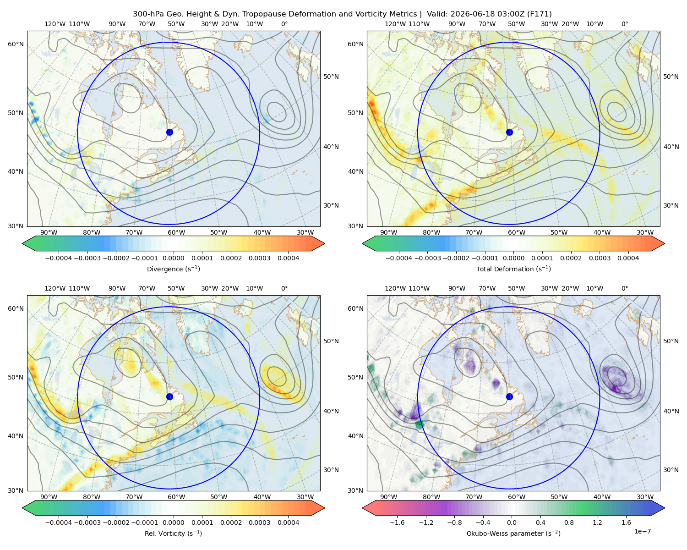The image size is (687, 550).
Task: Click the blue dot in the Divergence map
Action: point(169,132)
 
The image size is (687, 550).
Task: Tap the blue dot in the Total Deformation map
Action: point(509,132)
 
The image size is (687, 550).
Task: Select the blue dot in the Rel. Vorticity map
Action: point(169,396)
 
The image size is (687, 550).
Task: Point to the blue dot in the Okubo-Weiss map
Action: point(509,396)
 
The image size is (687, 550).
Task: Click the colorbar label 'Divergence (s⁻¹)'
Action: point(173,269)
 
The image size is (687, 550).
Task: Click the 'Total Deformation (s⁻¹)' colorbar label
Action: point(513,269)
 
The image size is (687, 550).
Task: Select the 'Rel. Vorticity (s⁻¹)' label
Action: point(173,533)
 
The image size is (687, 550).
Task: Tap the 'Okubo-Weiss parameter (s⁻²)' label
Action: point(513,533)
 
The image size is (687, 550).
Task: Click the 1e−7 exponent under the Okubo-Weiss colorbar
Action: point(642,531)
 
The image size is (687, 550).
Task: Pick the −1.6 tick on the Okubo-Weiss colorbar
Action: point(397,522)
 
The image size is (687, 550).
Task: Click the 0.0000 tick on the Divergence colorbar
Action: point(173,258)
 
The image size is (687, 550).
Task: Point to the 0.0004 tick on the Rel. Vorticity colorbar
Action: point(288,522)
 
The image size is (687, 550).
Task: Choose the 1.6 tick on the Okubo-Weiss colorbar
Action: point(626,522)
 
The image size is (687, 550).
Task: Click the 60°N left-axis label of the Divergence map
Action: point(16,44)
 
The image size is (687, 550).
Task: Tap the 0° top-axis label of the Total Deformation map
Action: point(624,24)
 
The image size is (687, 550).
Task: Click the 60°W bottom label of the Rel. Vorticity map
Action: point(176,497)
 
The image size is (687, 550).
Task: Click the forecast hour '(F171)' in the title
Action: point(539,14)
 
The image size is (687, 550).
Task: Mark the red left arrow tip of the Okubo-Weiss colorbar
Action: point(363,508)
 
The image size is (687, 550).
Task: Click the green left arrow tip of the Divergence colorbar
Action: point(22,243)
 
